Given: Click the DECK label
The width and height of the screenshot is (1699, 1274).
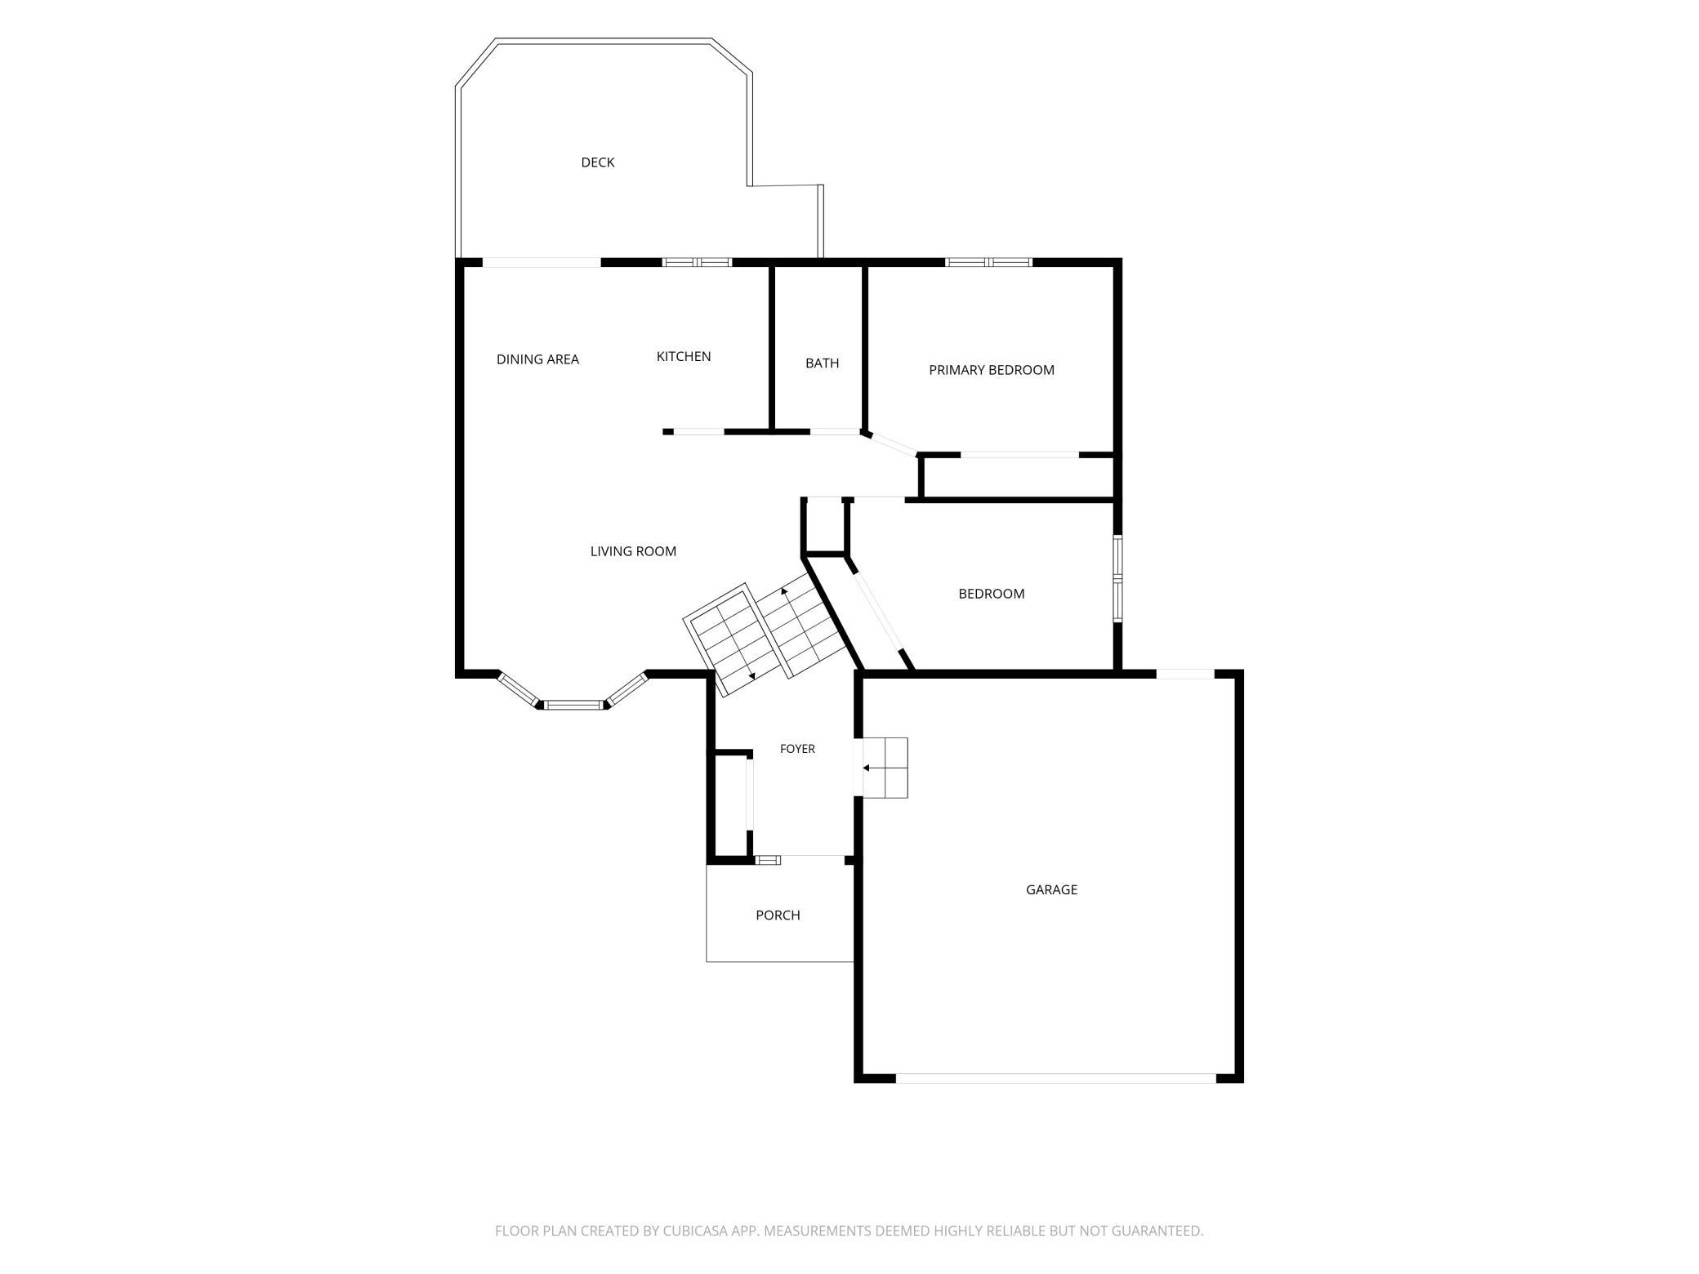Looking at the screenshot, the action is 597,163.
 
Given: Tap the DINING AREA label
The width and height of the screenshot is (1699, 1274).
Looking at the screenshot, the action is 537,359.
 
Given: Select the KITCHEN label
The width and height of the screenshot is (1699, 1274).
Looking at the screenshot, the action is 684,356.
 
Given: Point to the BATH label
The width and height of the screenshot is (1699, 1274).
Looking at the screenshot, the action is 822,363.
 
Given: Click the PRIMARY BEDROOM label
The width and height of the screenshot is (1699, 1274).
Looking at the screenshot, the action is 992,370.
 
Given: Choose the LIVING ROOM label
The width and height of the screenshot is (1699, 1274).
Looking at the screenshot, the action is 633,551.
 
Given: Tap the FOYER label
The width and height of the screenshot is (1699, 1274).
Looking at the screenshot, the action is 797,749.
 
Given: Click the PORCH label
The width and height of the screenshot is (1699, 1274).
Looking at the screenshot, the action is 778,915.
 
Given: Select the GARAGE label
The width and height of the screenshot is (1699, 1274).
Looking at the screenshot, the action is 1051,889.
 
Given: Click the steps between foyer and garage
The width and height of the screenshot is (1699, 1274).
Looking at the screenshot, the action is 885,768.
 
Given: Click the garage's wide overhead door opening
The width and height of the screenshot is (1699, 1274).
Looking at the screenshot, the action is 1056,1078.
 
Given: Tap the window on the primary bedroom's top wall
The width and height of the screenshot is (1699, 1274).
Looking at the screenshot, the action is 989,262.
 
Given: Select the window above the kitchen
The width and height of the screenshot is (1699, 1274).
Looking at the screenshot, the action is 697,262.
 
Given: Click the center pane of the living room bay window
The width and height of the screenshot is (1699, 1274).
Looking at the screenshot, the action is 574,705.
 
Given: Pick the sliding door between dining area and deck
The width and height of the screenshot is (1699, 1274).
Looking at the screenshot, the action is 542,262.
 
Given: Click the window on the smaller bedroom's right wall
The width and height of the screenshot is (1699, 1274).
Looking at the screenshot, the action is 1118,578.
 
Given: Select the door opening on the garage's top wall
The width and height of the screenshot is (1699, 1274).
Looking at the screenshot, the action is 1185,674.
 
